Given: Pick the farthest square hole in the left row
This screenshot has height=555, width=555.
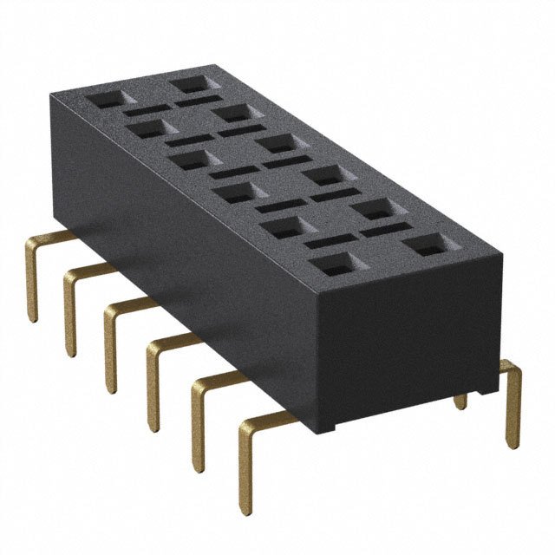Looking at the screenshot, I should pos(105,99).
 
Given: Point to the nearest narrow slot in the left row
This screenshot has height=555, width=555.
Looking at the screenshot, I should pos(330,239).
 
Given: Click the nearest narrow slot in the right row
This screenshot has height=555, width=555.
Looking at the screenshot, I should pos(382,231).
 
